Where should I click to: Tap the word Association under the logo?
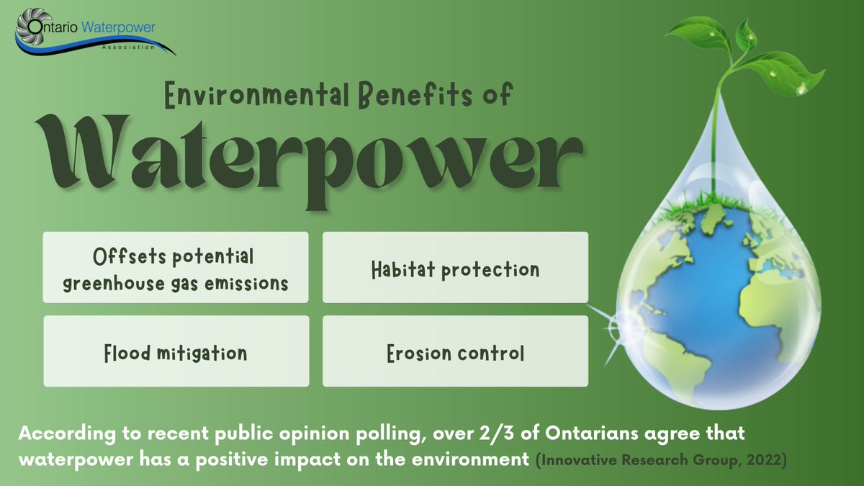tap(130, 48)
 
